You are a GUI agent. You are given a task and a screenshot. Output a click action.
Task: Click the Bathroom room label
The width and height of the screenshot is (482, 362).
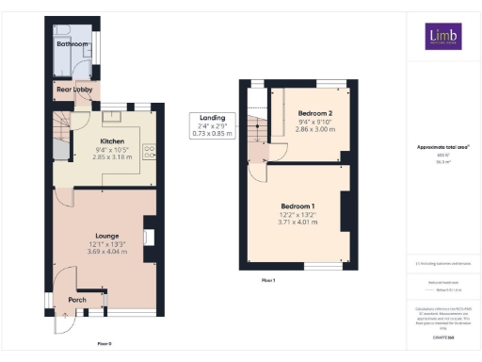tap(72, 44)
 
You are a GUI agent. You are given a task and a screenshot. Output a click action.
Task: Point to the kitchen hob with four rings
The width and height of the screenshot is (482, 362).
tap(149, 151)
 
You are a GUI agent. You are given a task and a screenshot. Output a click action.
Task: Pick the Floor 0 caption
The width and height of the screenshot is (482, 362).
tap(104, 343)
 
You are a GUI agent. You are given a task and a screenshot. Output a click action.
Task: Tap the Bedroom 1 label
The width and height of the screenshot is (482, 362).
tap(297, 206)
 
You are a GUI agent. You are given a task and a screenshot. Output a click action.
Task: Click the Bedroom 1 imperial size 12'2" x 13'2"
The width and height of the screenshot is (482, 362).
tap(297, 216)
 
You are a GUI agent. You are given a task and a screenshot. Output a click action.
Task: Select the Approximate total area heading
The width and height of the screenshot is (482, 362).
tap(442, 147)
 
